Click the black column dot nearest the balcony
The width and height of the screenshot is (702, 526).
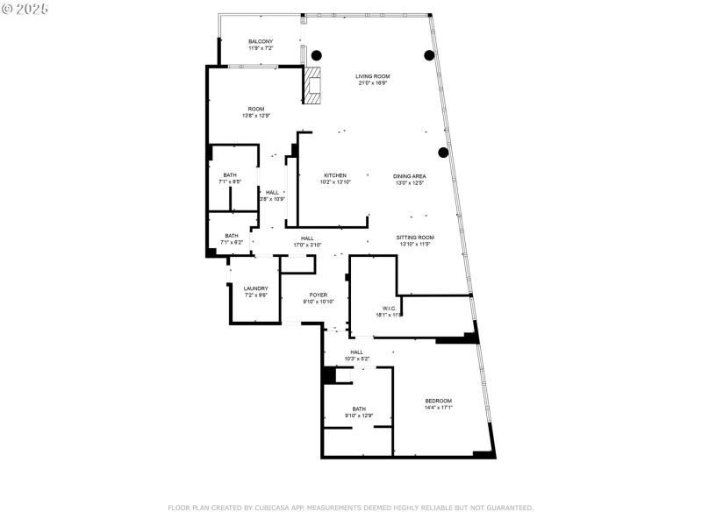click(x=316, y=53)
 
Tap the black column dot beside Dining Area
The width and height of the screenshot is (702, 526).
click(x=443, y=153)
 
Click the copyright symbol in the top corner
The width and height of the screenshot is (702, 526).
click(x=7, y=8)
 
